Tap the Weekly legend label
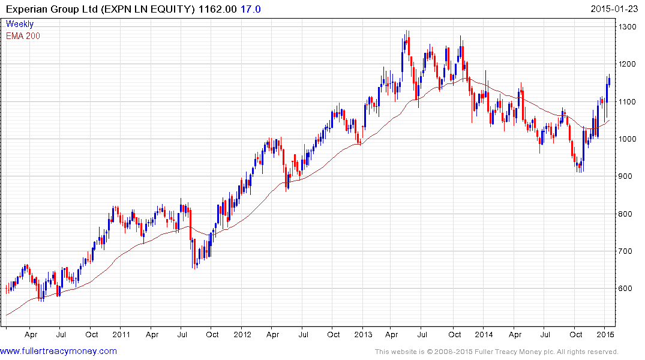20,24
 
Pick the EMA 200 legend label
23,36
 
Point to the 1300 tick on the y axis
629,27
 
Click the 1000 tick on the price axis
629,139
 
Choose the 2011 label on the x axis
121,334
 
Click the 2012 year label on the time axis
242,334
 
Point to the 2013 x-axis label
363,334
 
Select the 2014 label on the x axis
484,334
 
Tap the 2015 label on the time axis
605,334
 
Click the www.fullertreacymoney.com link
58,351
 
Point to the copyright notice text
496,352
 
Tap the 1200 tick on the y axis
629,64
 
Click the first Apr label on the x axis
31,334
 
